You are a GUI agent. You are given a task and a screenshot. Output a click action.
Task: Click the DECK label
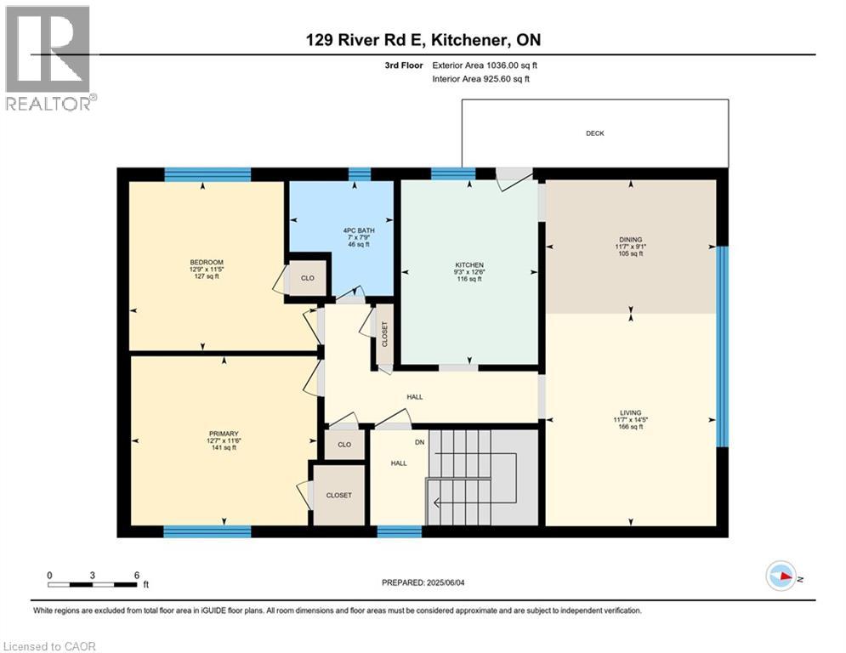click(594, 133)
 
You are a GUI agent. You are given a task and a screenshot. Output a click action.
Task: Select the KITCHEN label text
click(468, 265)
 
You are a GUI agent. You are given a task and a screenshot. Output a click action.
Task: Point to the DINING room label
click(630, 240)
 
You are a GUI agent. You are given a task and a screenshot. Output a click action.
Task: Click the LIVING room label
click(630, 412)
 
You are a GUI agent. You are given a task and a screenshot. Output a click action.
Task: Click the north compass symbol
click(780, 576)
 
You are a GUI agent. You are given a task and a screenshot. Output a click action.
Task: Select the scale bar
click(93, 583)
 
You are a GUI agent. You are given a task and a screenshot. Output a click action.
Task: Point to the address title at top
click(423, 40)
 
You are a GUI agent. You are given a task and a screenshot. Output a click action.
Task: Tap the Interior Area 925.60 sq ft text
click(480, 79)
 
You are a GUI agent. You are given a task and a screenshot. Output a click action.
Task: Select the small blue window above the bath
click(360, 174)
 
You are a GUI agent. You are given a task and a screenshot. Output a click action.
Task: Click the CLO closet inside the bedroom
click(308, 278)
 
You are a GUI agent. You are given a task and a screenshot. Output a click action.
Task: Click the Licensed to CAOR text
click(51, 646)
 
